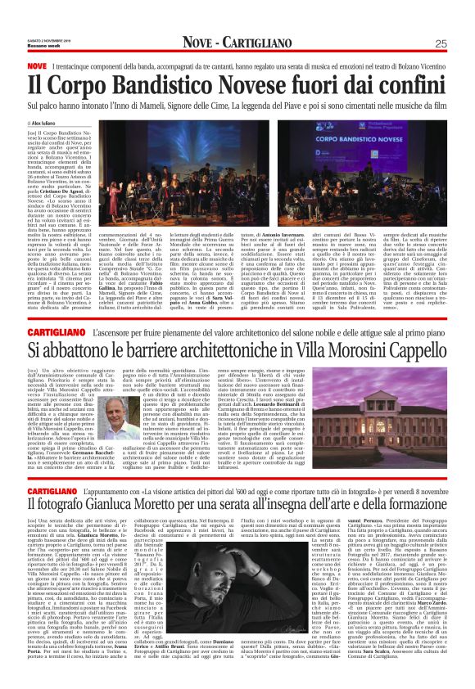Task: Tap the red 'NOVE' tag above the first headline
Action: coord(38,65)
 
